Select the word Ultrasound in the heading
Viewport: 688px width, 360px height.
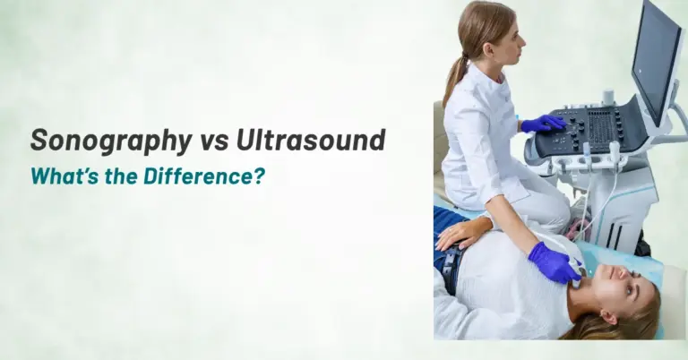click(x=311, y=141)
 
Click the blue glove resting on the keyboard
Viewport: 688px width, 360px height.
click(x=542, y=124)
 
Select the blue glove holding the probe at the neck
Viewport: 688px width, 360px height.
click(x=553, y=263)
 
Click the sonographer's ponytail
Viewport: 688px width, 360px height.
click(x=456, y=76)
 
